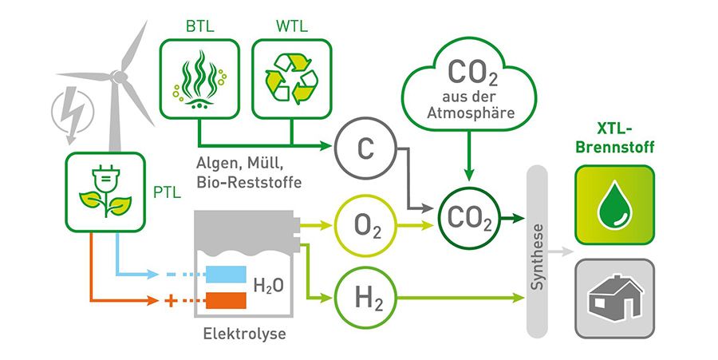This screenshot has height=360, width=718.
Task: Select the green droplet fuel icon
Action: pyautogui.click(x=615, y=204)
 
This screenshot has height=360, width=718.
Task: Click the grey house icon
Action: pyautogui.click(x=615, y=299)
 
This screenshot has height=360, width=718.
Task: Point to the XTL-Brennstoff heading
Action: pyautogui.click(x=614, y=137)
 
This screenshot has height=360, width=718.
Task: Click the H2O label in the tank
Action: pyautogui.click(x=269, y=286)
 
